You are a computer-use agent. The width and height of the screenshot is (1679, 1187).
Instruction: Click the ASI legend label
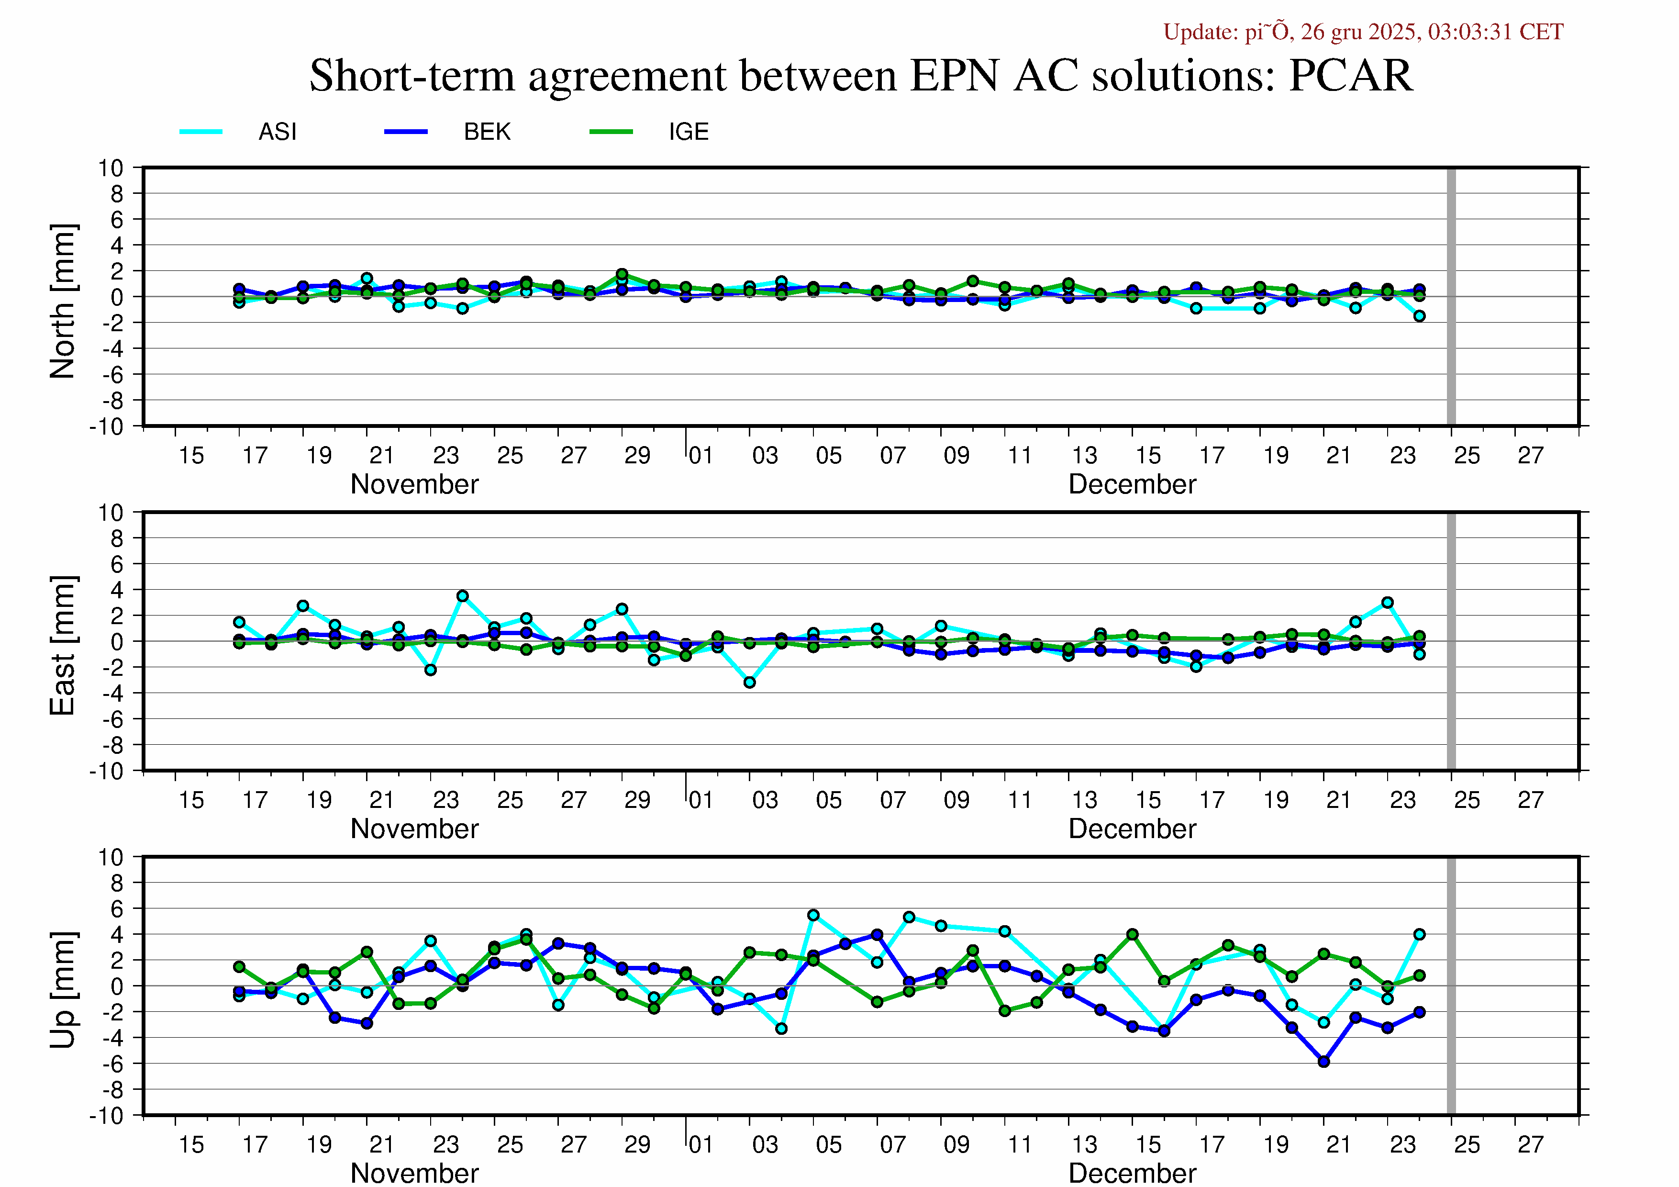(277, 132)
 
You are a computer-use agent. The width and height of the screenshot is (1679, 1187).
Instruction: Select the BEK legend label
(486, 132)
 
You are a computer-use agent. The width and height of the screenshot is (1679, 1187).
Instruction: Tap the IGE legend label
(688, 132)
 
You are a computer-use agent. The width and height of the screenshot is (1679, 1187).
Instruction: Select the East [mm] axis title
(63, 645)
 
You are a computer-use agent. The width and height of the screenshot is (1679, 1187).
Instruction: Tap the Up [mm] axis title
(63, 989)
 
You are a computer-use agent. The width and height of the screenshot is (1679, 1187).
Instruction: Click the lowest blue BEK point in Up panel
(1323, 1061)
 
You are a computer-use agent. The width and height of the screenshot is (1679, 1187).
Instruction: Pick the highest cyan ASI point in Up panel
(813, 915)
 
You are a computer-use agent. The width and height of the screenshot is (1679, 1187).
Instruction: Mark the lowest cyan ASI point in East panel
(750, 683)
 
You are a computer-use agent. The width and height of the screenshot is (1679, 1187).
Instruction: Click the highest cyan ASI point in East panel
(462, 596)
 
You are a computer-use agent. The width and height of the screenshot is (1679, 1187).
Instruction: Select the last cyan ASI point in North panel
(1419, 316)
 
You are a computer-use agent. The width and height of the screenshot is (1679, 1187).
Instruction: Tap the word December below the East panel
(1132, 829)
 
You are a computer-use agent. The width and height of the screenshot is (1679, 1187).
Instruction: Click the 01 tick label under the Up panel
(701, 1144)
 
